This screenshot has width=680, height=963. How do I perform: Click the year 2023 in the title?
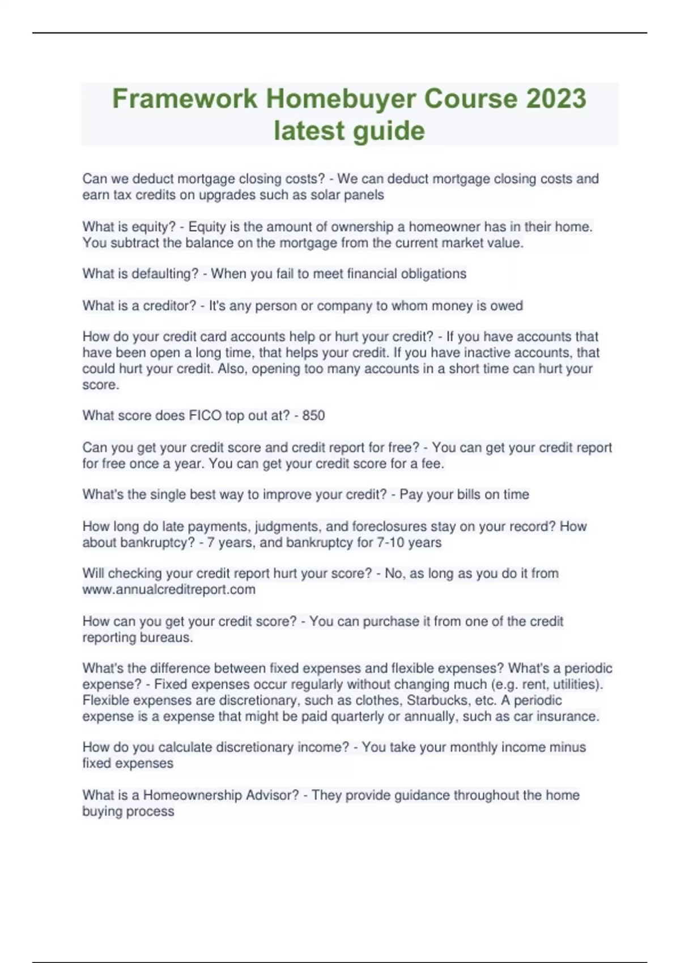pyautogui.click(x=556, y=99)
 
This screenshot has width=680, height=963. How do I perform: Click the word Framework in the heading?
pyautogui.click(x=184, y=99)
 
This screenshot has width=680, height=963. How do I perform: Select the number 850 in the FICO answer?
pyautogui.click(x=313, y=416)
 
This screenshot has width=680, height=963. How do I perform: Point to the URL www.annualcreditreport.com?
pyautogui.click(x=169, y=590)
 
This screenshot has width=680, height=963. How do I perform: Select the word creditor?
pyautogui.click(x=169, y=306)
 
